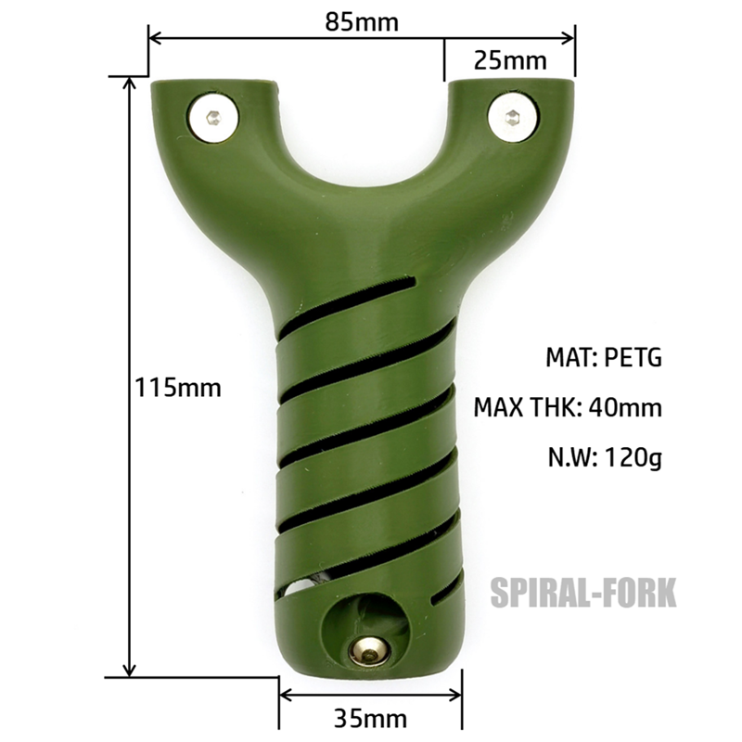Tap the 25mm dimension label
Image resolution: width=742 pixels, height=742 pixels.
(509, 60)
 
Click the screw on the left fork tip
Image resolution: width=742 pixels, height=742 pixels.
(214, 118)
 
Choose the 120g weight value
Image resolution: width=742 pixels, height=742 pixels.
(633, 456)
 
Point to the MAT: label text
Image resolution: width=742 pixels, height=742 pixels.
(570, 357)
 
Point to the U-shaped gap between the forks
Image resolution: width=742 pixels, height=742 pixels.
(363, 139)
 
